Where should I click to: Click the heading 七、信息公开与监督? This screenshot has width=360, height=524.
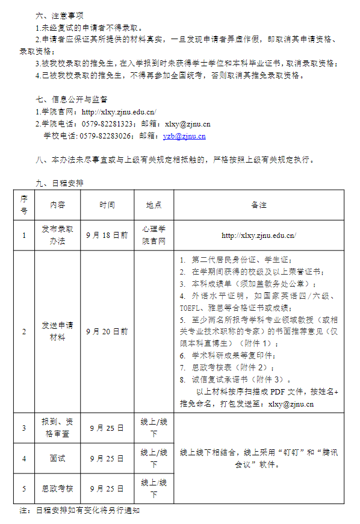72,99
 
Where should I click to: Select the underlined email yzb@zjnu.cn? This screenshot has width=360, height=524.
184,136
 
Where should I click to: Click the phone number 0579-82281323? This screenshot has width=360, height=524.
107,123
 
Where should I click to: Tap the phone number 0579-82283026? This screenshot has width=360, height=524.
107,136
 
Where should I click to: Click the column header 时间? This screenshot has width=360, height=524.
107,205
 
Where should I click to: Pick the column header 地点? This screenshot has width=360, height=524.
154,205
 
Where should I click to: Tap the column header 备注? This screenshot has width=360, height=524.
259,205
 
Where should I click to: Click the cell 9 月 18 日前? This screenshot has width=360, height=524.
107,235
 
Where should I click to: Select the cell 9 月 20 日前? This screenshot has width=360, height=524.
107,331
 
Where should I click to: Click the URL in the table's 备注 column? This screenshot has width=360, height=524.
259,235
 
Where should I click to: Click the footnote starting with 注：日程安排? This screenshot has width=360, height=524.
80,511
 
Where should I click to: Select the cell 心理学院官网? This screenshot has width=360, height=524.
154,235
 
